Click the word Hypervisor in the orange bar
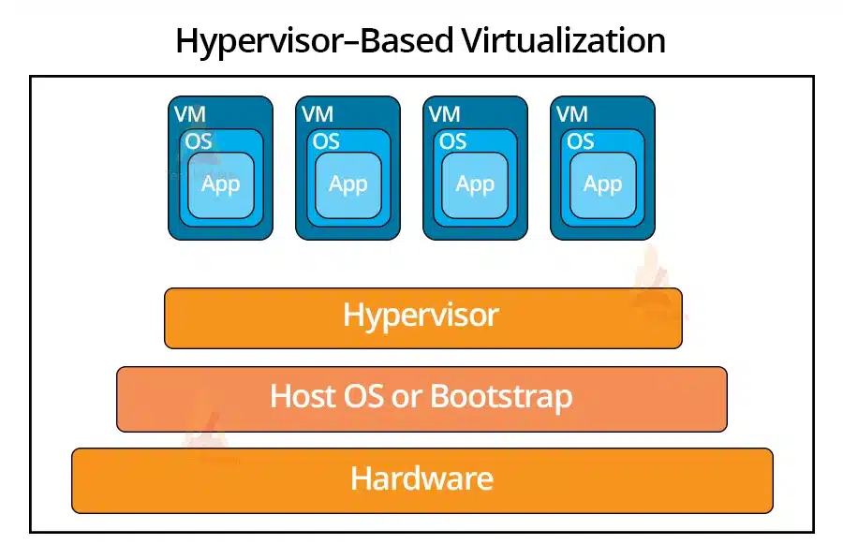(x=421, y=316)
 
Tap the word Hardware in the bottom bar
(x=421, y=478)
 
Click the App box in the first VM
(x=221, y=184)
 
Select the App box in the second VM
(x=348, y=184)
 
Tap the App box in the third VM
(x=475, y=184)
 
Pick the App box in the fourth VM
(x=602, y=184)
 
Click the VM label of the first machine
(x=190, y=114)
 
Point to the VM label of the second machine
(x=318, y=114)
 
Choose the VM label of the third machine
(x=445, y=114)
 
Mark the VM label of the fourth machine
(x=572, y=114)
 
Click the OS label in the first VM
(x=199, y=141)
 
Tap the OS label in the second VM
(x=326, y=141)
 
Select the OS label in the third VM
(x=453, y=141)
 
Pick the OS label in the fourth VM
(x=581, y=141)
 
